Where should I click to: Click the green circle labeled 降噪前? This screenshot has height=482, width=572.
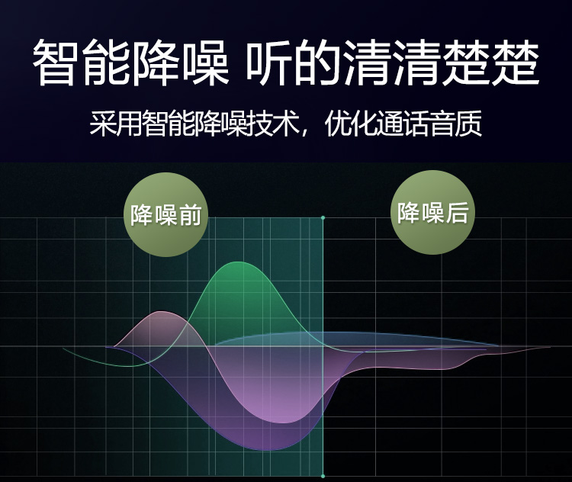[x=166, y=214]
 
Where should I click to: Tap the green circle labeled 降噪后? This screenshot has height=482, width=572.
[x=432, y=212]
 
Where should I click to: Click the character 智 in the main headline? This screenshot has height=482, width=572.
[x=56, y=63]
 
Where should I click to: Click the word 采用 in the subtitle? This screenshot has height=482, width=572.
[x=115, y=123]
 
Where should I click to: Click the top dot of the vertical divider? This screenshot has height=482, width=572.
[x=323, y=218]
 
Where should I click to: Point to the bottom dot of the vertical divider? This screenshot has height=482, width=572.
[x=323, y=476]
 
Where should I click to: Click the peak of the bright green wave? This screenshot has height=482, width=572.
[x=238, y=262]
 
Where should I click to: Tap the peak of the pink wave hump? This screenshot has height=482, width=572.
[x=159, y=311]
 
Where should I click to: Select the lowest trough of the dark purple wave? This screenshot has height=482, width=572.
[x=268, y=450]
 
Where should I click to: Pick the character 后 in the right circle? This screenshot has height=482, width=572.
[x=456, y=212]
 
